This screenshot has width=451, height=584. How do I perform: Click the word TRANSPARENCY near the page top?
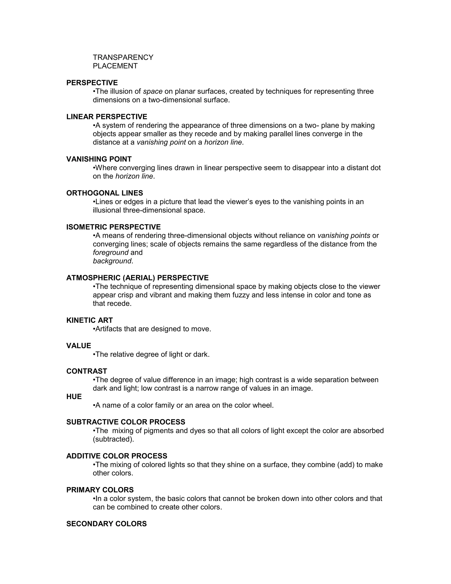(x=123, y=58)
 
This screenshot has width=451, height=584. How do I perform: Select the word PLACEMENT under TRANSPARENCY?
(x=115, y=66)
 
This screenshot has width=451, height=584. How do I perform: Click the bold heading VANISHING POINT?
(x=99, y=159)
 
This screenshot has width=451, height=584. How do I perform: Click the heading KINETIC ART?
(x=89, y=320)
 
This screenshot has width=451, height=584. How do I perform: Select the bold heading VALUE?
(x=79, y=346)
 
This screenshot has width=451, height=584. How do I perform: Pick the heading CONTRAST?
(x=87, y=371)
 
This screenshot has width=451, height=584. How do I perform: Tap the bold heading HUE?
(x=74, y=396)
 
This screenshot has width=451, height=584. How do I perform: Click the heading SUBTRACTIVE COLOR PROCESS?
(x=126, y=422)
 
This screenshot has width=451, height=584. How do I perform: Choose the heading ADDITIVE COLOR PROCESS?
(x=117, y=456)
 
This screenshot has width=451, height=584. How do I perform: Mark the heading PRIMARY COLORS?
(x=100, y=490)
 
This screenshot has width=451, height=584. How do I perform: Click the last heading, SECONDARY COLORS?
(x=106, y=524)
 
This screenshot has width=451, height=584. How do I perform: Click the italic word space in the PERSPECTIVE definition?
(x=153, y=91)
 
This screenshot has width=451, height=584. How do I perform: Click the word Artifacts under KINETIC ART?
(x=109, y=329)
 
